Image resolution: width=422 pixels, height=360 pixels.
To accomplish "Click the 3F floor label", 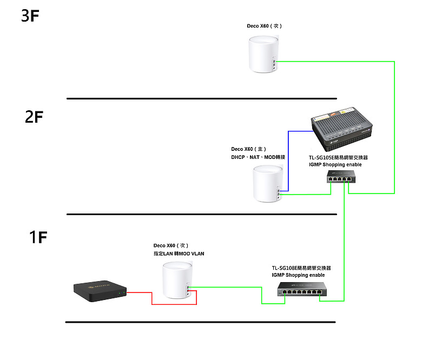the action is (x=30, y=16).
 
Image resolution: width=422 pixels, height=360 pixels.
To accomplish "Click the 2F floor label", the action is (x=34, y=117).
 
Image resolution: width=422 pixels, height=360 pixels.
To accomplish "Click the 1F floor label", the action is (x=38, y=237).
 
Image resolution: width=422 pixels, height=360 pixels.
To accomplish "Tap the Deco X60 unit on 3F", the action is (x=263, y=54).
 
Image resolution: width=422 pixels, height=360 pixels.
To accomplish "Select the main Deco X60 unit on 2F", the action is (x=267, y=184).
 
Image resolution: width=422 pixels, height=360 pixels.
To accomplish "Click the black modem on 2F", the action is (x=341, y=129).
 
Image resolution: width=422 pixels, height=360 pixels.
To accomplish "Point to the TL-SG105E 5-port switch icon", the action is (x=341, y=176).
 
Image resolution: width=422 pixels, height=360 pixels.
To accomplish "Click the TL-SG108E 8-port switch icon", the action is (x=302, y=289).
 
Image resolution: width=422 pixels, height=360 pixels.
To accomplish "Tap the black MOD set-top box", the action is (x=100, y=291).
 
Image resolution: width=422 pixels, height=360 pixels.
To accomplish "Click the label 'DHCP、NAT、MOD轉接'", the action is (x=258, y=157).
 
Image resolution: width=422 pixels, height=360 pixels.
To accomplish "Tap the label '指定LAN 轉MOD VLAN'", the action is (x=179, y=254).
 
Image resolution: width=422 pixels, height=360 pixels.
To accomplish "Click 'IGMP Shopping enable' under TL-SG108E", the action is (x=298, y=275).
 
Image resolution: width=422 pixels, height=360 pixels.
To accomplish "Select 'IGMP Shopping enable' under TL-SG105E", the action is (x=335, y=164).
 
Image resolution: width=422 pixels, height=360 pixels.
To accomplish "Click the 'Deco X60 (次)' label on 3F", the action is (x=264, y=26).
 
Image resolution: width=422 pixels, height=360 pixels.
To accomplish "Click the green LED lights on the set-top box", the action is (x=122, y=292).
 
